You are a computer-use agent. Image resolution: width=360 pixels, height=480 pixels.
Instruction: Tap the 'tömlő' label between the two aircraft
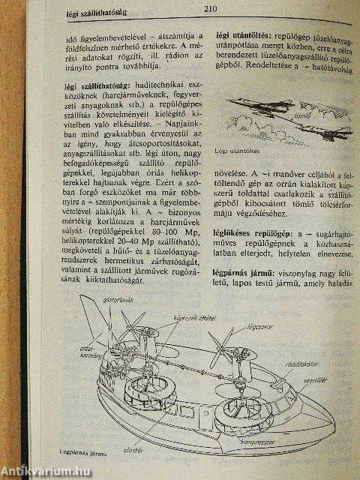coord(283,117)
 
